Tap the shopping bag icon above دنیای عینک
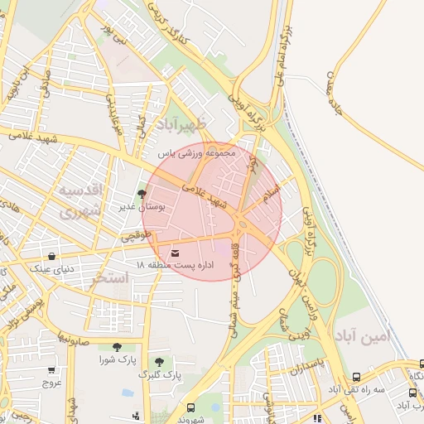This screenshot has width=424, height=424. click(53, 256)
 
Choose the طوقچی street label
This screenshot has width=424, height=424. click(137, 237)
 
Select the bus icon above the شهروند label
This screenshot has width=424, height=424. click(191, 407)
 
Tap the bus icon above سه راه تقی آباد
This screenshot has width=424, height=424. click(356, 376)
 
